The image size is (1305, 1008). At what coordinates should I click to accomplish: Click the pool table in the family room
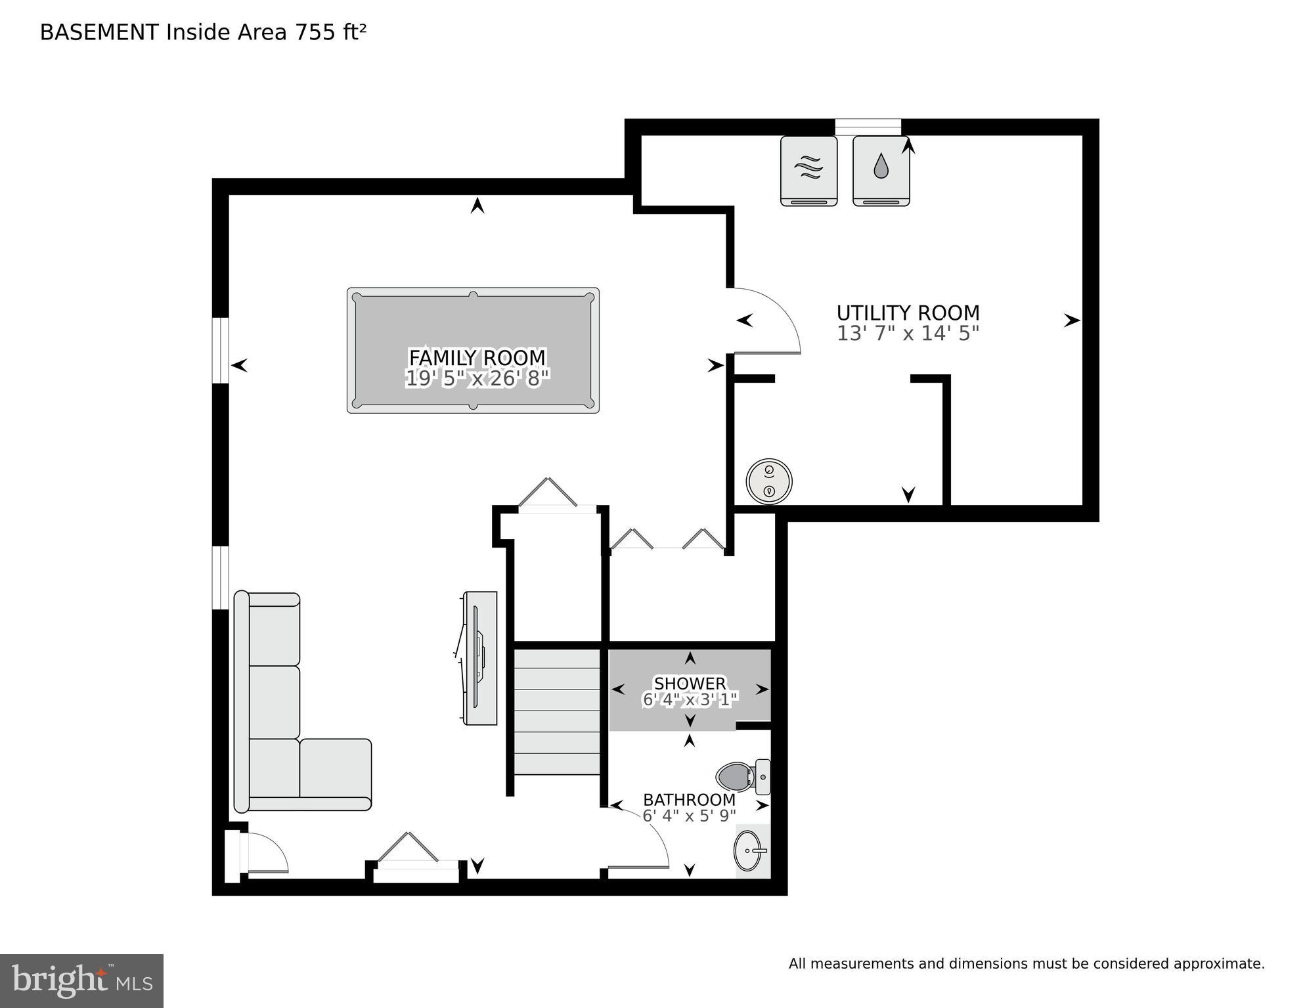[473, 322]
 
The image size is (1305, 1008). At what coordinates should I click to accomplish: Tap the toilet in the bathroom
[739, 777]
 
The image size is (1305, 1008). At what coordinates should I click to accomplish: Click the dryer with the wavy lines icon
[808, 171]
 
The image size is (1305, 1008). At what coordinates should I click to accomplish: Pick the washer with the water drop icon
[881, 171]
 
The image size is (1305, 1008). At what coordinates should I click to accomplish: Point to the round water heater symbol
[768, 481]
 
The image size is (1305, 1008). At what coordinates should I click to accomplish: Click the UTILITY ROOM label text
[908, 313]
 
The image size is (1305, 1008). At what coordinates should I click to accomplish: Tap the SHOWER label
[690, 684]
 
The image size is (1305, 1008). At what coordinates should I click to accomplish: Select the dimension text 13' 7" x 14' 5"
[908, 334]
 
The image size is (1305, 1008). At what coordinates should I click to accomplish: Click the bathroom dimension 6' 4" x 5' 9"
[689, 816]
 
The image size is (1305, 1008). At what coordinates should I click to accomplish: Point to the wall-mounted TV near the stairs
[480, 658]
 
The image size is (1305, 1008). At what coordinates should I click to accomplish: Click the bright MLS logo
[81, 980]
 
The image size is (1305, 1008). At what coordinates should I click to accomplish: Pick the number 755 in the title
[315, 32]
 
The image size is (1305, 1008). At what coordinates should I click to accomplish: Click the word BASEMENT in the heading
[99, 32]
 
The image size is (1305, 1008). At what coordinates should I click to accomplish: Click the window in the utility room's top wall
[868, 127]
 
